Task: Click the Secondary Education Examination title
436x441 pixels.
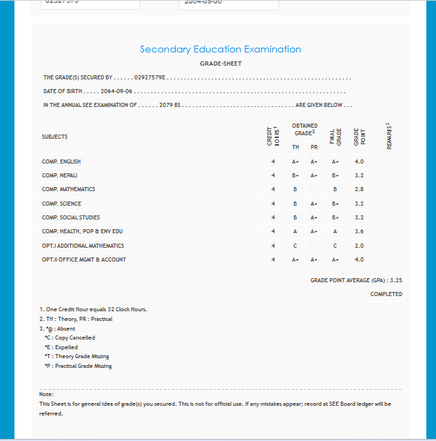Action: (x=220, y=50)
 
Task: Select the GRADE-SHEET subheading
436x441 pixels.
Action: (x=220, y=63)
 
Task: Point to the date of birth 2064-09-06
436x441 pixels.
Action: (x=116, y=91)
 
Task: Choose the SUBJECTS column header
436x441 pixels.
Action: (x=55, y=137)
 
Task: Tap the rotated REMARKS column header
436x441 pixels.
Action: (x=390, y=136)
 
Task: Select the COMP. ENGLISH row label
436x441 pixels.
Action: (x=61, y=161)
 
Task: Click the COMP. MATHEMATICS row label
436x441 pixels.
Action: (x=68, y=189)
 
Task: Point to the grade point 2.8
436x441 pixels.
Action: (x=359, y=189)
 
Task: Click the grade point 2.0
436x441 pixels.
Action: (x=359, y=246)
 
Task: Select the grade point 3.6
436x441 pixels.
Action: (x=359, y=232)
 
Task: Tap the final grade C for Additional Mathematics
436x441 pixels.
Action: (x=335, y=246)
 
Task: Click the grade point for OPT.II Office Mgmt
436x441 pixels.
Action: (x=359, y=259)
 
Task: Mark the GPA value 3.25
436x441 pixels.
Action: (x=395, y=281)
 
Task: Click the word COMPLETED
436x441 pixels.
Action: (x=386, y=294)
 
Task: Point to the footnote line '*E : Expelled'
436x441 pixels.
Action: (x=61, y=347)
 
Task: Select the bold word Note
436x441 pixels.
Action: (x=46, y=394)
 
